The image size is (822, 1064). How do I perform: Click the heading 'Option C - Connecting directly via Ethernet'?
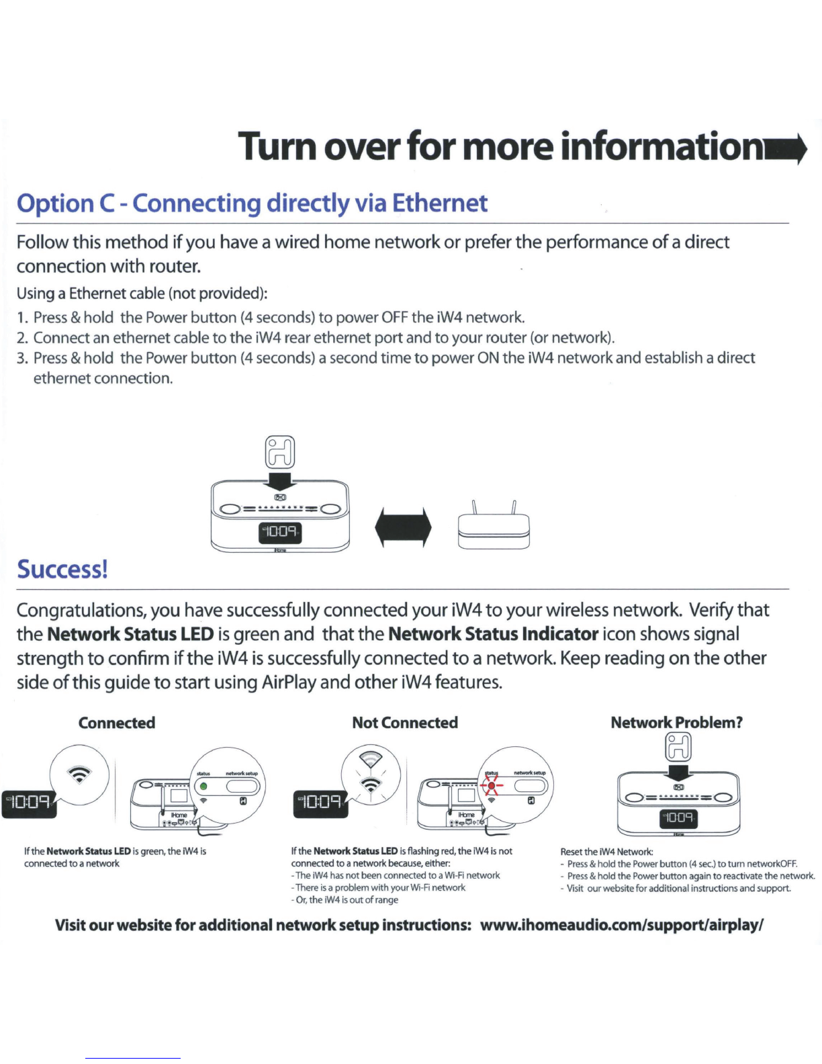point(252,203)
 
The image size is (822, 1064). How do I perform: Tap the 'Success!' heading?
point(62,569)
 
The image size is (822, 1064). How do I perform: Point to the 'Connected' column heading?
point(117,723)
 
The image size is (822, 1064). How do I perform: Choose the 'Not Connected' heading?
point(405,723)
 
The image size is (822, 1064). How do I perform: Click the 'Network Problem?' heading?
point(676,723)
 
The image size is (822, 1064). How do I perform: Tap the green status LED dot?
point(204,787)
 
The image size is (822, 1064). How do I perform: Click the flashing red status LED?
point(492,786)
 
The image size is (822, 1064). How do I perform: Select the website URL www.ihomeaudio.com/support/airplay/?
point(622,925)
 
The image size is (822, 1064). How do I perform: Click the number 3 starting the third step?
point(21,358)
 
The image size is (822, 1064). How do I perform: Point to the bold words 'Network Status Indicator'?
point(493,634)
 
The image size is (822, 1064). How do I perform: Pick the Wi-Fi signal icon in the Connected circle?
point(80,775)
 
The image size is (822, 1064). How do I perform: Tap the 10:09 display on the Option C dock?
point(280,533)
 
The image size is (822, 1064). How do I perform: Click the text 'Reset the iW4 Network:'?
point(606,852)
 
